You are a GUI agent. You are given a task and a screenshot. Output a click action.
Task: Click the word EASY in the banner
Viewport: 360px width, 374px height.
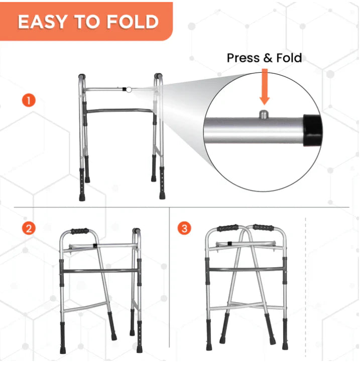click(x=43, y=22)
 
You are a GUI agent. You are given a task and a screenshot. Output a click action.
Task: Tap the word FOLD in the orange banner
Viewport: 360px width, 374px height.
click(x=133, y=22)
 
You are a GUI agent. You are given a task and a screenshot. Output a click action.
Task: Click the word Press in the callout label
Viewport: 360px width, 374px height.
click(x=243, y=58)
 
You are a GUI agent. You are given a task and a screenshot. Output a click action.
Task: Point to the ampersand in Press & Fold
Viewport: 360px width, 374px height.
click(x=268, y=58)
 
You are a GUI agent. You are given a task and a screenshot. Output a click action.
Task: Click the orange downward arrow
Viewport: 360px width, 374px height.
click(x=265, y=86)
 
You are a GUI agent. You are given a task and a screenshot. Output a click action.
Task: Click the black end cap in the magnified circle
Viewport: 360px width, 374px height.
click(x=312, y=130)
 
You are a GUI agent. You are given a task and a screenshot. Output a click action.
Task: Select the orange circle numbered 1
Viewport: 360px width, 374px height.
click(x=29, y=100)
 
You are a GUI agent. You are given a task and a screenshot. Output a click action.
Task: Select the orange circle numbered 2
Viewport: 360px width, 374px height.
click(x=29, y=228)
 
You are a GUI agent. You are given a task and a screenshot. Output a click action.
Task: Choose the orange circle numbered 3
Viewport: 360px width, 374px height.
click(x=184, y=228)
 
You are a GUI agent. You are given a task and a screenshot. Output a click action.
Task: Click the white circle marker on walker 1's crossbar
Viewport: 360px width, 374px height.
click(x=129, y=90)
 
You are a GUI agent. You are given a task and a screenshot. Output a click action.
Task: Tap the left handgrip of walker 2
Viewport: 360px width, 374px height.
click(x=80, y=231)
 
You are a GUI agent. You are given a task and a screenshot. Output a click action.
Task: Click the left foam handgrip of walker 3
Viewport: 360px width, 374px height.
click(x=227, y=228)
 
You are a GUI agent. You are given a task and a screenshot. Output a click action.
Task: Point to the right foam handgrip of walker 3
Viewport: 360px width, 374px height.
click(x=264, y=227)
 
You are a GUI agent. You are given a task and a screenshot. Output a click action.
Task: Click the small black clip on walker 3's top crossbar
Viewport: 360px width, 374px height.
click(x=230, y=243)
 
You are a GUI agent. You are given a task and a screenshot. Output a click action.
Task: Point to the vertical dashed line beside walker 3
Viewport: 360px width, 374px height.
click(x=306, y=288)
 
